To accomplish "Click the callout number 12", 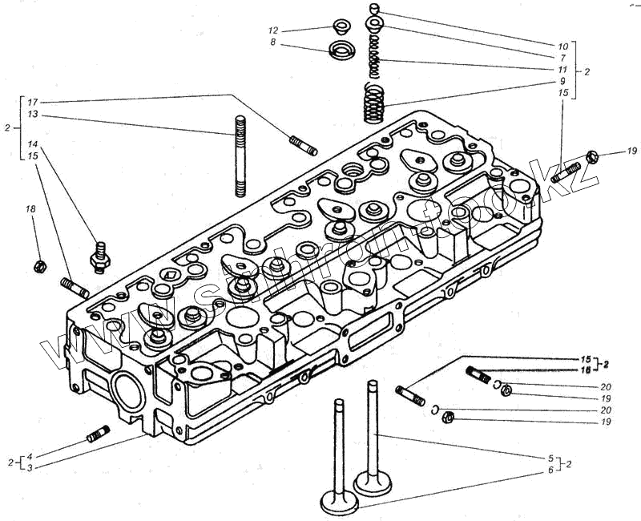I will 273,30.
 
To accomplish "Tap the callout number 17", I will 32,103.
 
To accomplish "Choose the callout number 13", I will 32,115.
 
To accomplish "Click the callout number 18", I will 31,209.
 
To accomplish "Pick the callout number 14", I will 32,143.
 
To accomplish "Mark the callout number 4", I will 30,456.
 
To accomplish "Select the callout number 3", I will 30,466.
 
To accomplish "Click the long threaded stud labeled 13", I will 240,155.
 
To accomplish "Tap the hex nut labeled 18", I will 38,265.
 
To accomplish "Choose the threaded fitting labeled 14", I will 100,256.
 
